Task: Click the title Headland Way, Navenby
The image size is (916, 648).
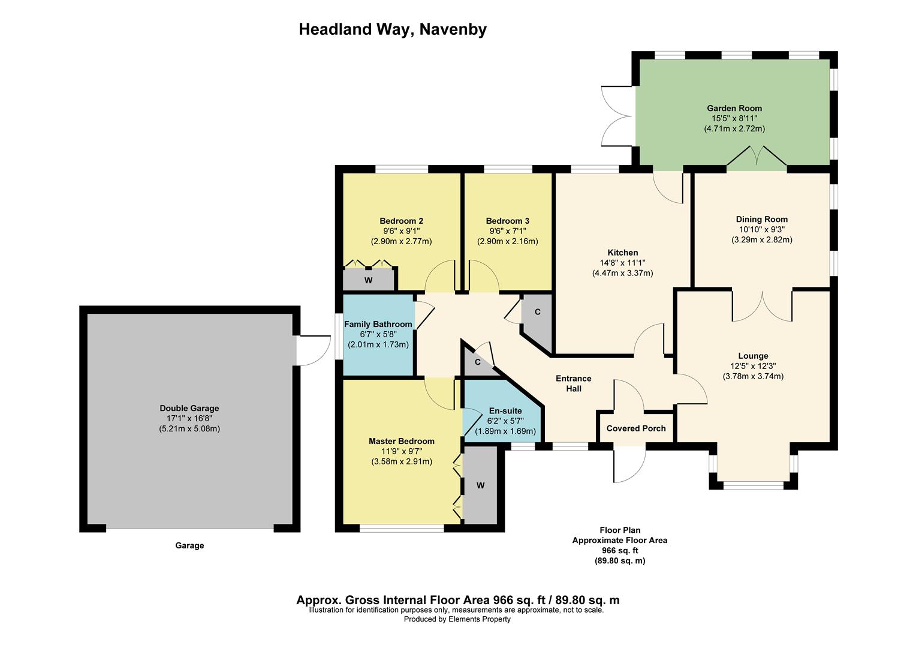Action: [x=392, y=29]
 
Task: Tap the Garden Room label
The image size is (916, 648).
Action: [x=734, y=109]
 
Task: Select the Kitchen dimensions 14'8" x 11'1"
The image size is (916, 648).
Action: [x=622, y=263]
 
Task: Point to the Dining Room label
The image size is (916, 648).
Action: [x=761, y=220]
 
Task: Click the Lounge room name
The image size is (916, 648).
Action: [x=753, y=356]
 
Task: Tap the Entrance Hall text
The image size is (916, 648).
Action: [x=573, y=383]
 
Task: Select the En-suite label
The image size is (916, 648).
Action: [x=505, y=411]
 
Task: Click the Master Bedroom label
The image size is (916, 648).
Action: [x=401, y=441]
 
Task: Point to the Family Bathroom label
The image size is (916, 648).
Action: [x=378, y=325]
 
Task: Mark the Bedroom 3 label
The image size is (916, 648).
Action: [x=507, y=221]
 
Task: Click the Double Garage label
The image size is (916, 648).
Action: [x=189, y=409]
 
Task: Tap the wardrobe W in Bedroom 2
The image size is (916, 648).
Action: [x=368, y=280]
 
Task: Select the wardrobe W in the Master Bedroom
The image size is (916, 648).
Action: [x=480, y=485]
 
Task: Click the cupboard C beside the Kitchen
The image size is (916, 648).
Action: [x=537, y=312]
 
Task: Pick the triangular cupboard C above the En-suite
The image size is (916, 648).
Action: [x=478, y=362]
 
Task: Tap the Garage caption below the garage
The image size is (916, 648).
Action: [x=189, y=545]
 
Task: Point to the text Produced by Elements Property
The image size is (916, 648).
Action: [x=457, y=619]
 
